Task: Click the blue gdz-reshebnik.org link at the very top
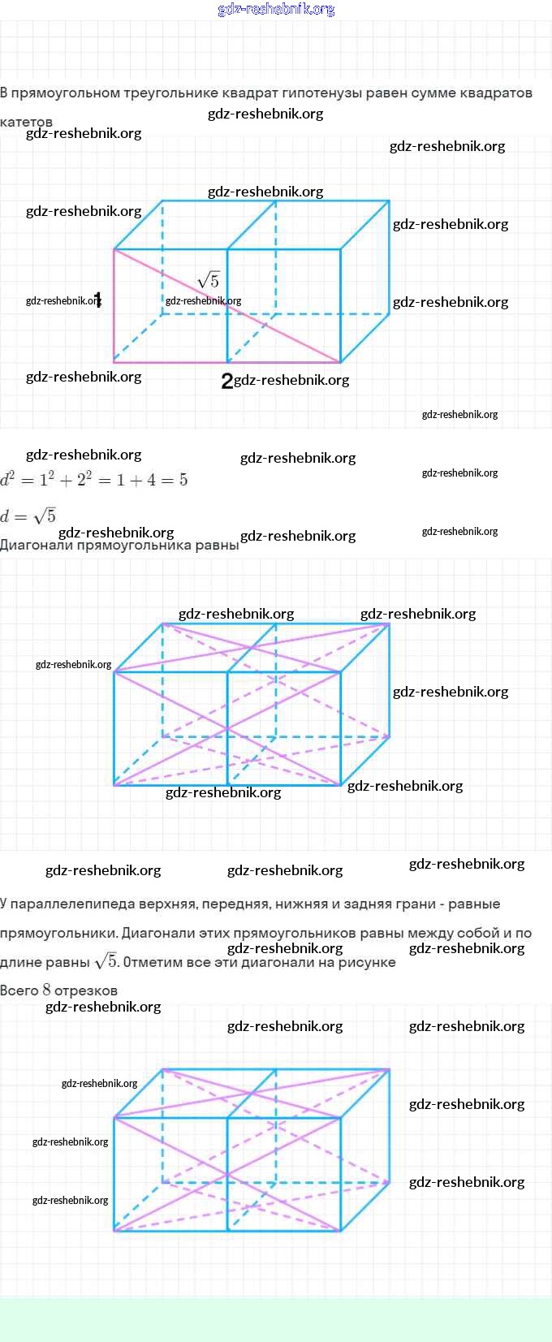(276, 9)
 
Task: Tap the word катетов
(27, 122)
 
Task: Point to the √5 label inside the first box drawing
(209, 281)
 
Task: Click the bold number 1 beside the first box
(97, 299)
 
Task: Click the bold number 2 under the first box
(226, 380)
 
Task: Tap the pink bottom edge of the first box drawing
(170, 362)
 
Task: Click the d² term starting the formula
(8, 479)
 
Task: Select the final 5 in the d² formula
(183, 480)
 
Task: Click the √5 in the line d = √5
(45, 516)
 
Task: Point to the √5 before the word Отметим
(106, 961)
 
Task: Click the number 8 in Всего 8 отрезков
(47, 990)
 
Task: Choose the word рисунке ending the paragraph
(370, 962)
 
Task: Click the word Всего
(19, 990)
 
